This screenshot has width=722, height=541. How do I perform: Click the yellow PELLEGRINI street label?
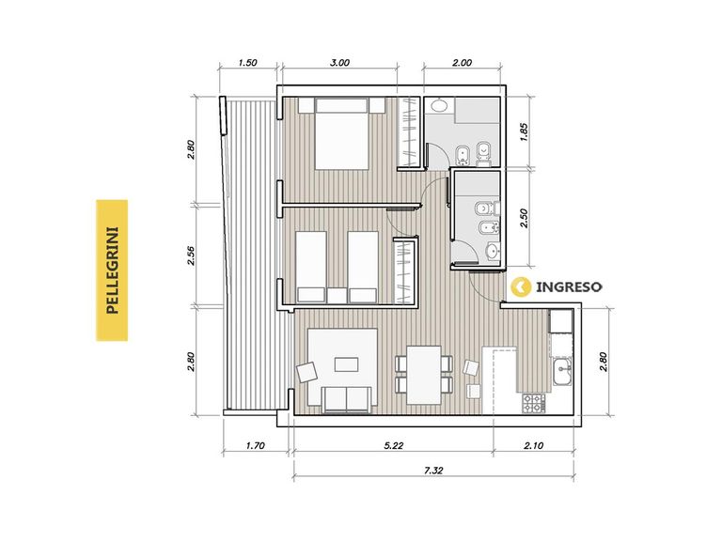pyautogui.click(x=112, y=270)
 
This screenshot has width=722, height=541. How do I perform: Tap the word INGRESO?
pyautogui.click(x=569, y=287)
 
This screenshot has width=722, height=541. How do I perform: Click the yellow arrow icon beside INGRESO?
pyautogui.click(x=521, y=287)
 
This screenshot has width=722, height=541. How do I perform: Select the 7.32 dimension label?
pyautogui.click(x=433, y=471)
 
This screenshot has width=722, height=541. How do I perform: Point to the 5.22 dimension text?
pyautogui.click(x=393, y=445)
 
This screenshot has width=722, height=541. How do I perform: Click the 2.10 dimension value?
pyautogui.click(x=533, y=445)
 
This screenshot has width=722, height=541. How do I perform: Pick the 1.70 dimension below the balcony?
pyautogui.click(x=255, y=445)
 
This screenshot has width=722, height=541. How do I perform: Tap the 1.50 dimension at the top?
pyautogui.click(x=248, y=63)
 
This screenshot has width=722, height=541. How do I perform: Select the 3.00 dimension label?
pyautogui.click(x=339, y=63)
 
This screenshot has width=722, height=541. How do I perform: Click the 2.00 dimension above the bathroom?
pyautogui.click(x=462, y=63)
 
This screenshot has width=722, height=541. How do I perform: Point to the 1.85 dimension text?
pyautogui.click(x=524, y=132)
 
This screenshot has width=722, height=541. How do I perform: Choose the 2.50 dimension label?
pyautogui.click(x=524, y=218)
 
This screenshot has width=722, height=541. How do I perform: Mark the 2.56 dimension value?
pyautogui.click(x=192, y=255)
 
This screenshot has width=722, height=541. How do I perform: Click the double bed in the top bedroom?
pyautogui.click(x=341, y=134)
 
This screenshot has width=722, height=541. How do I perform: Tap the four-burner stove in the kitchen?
pyautogui.click(x=534, y=403)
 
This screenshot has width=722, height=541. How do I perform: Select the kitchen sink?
pyautogui.click(x=562, y=372)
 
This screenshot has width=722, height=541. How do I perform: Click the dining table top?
pyautogui.click(x=424, y=375)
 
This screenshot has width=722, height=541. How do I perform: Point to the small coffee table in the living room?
pyautogui.click(x=347, y=364)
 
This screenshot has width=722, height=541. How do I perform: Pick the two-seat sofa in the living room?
pyautogui.click(x=347, y=399)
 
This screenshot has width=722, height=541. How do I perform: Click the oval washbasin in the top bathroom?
pyautogui.click(x=440, y=106)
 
